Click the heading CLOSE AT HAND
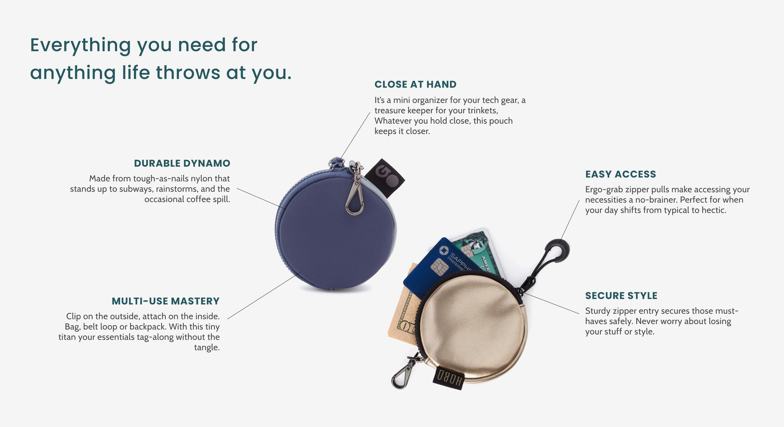416,85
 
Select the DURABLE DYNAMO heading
182,163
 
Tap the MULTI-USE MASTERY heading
166,301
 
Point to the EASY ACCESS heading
621,174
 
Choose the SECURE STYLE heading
621,295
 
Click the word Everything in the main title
81,45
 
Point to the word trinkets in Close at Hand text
481,111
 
